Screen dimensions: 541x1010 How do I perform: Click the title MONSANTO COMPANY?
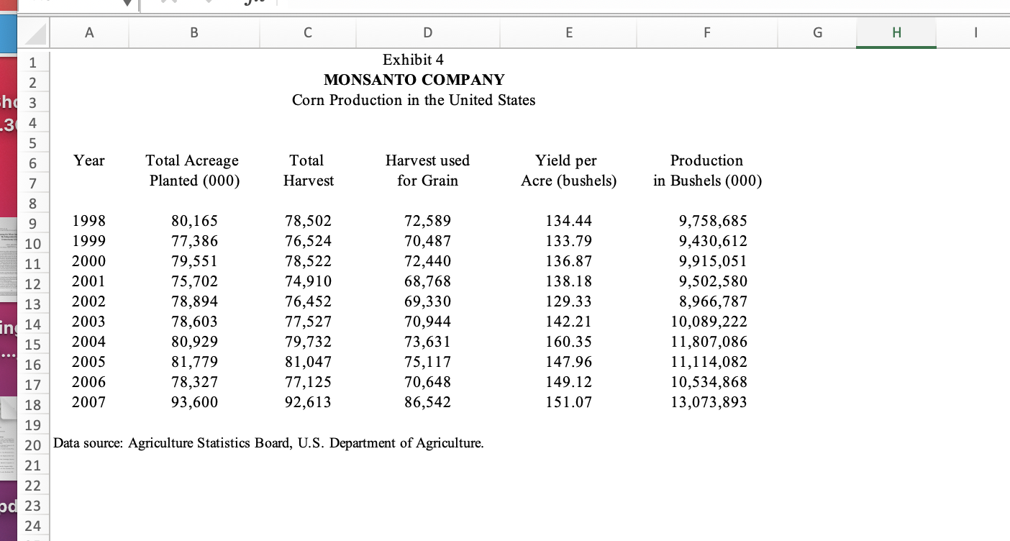pyautogui.click(x=414, y=80)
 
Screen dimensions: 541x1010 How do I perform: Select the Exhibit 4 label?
pyautogui.click(x=413, y=60)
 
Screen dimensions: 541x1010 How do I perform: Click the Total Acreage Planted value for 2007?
pyautogui.click(x=194, y=402)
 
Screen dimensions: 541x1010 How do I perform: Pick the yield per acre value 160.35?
pyautogui.click(x=568, y=342)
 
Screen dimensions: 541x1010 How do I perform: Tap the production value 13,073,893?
pyautogui.click(x=709, y=402)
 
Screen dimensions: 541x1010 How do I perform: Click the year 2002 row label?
pyautogui.click(x=89, y=301)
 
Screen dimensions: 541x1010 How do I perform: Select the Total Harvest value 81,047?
pyautogui.click(x=308, y=362)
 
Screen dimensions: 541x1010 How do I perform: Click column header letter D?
pyautogui.click(x=427, y=32)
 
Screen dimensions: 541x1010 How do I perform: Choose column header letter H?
pyautogui.click(x=896, y=32)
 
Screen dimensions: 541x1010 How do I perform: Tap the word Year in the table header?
pyautogui.click(x=89, y=160)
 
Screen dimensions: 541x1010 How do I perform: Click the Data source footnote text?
pyautogui.click(x=268, y=443)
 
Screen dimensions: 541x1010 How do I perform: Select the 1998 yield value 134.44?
pyautogui.click(x=568, y=221)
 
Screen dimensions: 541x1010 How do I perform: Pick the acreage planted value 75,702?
pyautogui.click(x=194, y=281)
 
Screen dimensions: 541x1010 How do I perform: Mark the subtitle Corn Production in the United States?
pyautogui.click(x=414, y=100)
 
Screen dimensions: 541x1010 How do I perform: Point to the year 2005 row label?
pyautogui.click(x=89, y=362)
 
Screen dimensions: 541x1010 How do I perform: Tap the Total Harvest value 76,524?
pyautogui.click(x=308, y=241)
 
